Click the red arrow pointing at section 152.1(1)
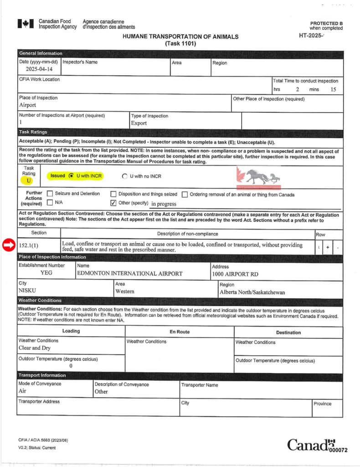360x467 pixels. pyautogui.click(x=8, y=245)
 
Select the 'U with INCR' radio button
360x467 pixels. pyautogui.click(x=71, y=176)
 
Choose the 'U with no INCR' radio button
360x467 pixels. pyautogui.click(x=125, y=176)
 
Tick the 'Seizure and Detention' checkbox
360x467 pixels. pyautogui.click(x=50, y=194)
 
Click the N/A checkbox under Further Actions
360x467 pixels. pyautogui.click(x=50, y=202)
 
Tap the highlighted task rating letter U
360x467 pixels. pyautogui.click(x=29, y=181)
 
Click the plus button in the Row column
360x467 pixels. pyautogui.click(x=328, y=247)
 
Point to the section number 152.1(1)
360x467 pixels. pyautogui.click(x=31, y=245)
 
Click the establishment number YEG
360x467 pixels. pyautogui.click(x=46, y=273)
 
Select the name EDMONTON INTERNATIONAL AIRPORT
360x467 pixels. pyautogui.click(x=129, y=274)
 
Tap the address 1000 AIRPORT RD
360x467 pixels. pyautogui.click(x=235, y=274)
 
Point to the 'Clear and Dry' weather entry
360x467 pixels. pyautogui.click(x=34, y=348)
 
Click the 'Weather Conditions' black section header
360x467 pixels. pyautogui.click(x=40, y=301)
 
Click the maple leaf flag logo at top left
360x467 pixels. pyautogui.click(x=26, y=24)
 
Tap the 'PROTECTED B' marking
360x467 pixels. pyautogui.click(x=326, y=23)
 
